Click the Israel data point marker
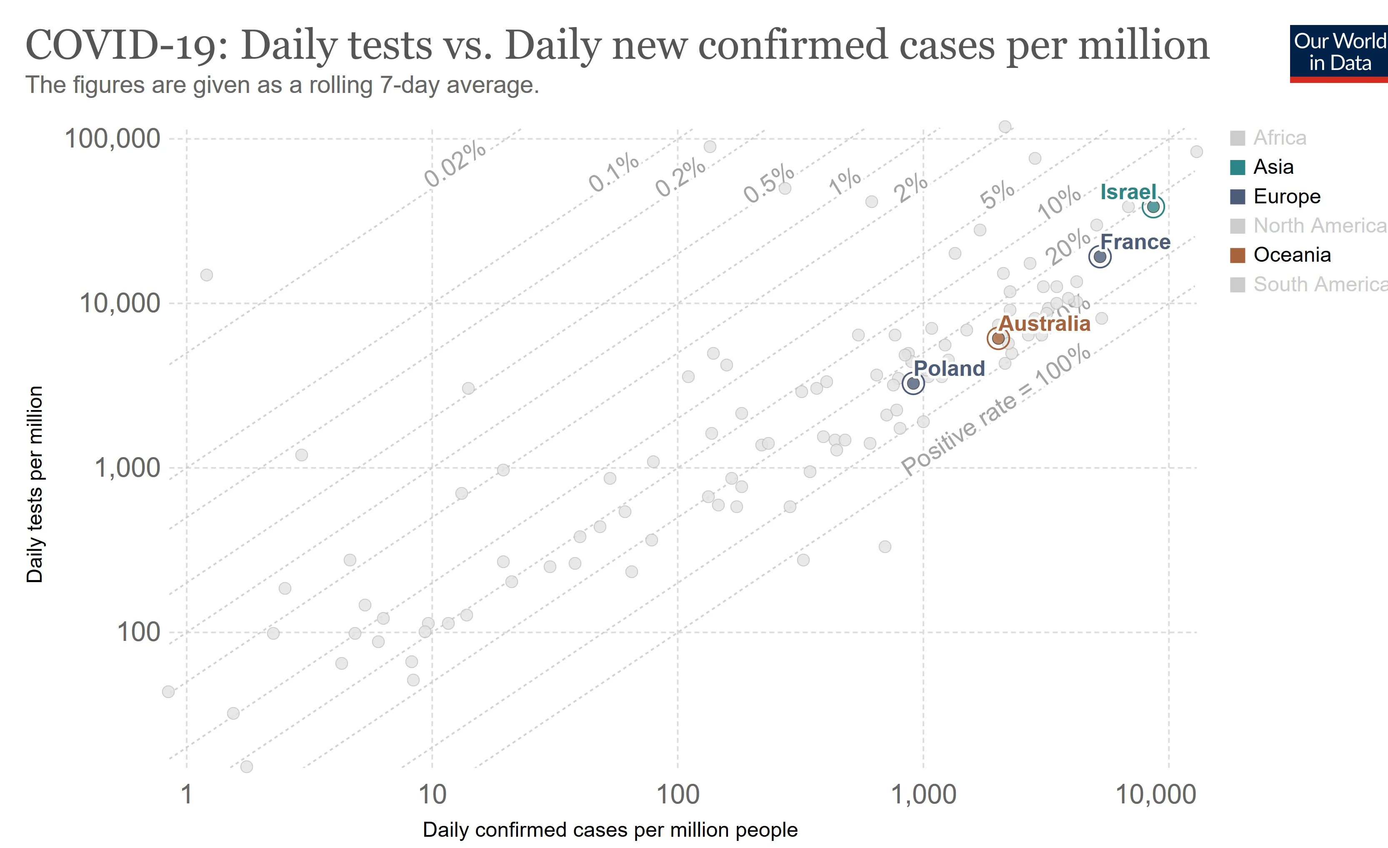coord(1153,207)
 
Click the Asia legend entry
coord(1273,167)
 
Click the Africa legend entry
coord(1279,138)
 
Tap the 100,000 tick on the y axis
coord(113,139)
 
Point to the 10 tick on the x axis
coord(432,795)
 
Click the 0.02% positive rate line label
coord(455,163)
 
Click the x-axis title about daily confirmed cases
coord(610,830)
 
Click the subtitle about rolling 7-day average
coord(282,85)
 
